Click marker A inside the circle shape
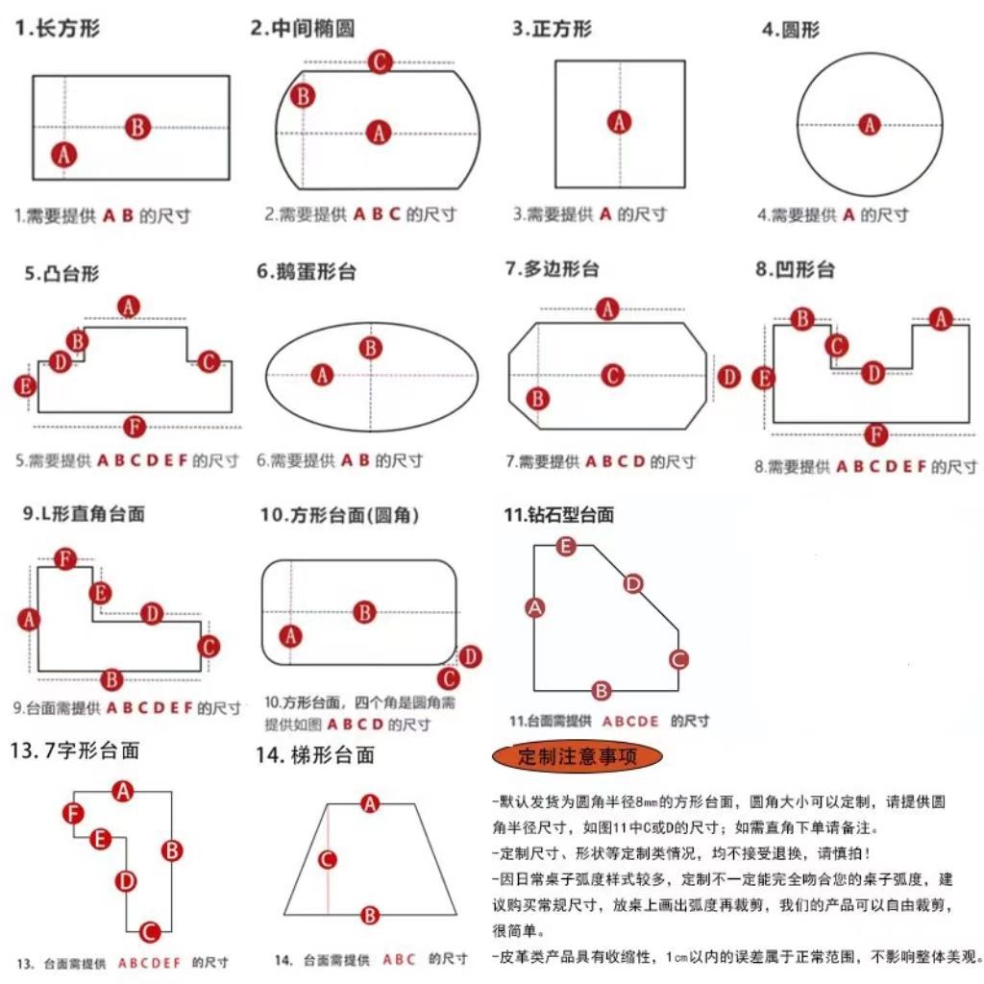(870, 124)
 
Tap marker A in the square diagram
(620, 122)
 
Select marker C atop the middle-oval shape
(381, 61)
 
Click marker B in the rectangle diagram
(137, 126)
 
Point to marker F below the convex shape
(135, 426)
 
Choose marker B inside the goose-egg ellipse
(370, 348)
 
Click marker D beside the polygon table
(729, 376)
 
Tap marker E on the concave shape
(764, 378)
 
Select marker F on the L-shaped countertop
(64, 558)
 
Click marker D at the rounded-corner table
(470, 656)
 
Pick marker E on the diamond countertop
(566, 547)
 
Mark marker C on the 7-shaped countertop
(149, 931)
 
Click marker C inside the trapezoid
(328, 859)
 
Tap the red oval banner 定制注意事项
(577, 755)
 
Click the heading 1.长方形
(58, 29)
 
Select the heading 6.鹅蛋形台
(307, 272)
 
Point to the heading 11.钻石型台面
(558, 515)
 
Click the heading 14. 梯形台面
(315, 755)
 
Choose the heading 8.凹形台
(795, 269)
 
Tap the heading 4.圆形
(791, 30)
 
